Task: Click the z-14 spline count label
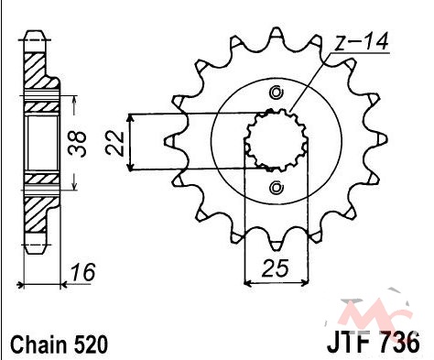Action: tap(361, 42)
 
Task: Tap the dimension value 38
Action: tap(78, 144)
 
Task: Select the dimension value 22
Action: tap(114, 143)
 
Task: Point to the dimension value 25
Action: tap(276, 268)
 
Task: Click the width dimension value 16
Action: tap(83, 272)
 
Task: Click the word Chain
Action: tap(38, 344)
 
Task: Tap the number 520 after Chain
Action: tap(91, 344)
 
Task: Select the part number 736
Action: tap(400, 342)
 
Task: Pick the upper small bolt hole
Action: tap(277, 92)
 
